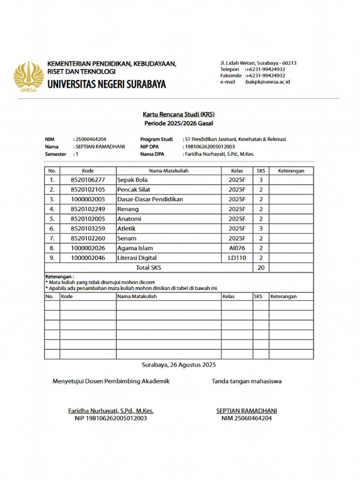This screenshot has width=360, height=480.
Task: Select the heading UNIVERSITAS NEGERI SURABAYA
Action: click(106, 85)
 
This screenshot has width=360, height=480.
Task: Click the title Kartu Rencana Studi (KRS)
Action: click(179, 114)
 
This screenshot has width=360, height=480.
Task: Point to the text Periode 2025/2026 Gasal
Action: click(179, 123)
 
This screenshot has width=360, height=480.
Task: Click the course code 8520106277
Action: click(88, 180)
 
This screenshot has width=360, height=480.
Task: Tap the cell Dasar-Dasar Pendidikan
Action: click(150, 199)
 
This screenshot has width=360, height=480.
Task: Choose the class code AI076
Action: click(237, 248)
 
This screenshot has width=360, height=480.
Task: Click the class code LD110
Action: click(237, 258)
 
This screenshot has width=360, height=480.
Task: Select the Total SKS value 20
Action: click(261, 268)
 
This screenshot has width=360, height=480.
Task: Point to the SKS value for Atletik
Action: click(261, 229)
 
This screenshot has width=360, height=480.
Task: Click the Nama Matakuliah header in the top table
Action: click(169, 171)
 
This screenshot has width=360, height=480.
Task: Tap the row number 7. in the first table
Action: click(52, 239)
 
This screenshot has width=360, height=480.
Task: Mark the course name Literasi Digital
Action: click(137, 258)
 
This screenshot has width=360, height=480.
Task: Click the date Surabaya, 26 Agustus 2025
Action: click(179, 364)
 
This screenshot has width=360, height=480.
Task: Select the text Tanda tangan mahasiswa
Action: click(247, 381)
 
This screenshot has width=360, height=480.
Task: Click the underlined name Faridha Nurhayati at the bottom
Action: click(111, 411)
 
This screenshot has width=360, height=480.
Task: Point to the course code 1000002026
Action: click(88, 248)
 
